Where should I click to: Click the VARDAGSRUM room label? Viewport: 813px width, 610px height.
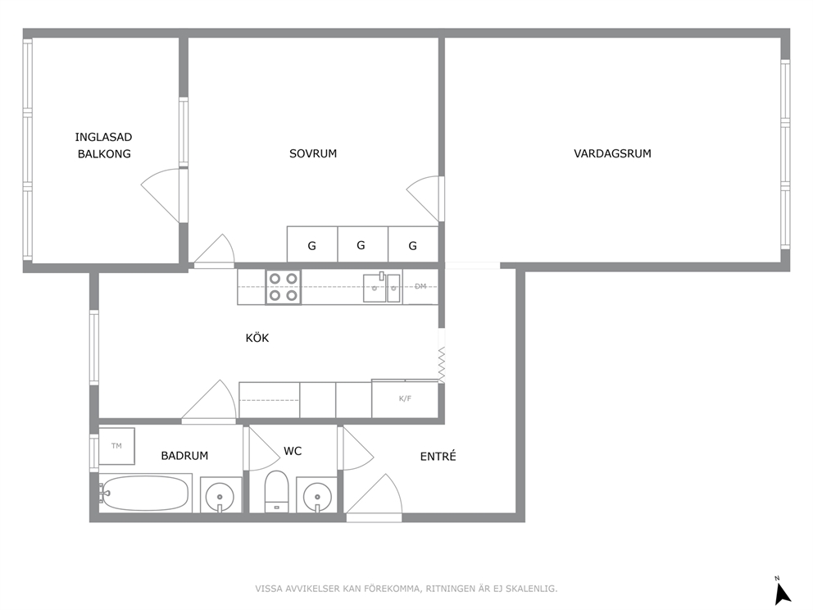612,153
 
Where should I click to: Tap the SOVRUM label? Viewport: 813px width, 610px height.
313,153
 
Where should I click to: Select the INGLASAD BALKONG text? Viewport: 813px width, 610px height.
104,145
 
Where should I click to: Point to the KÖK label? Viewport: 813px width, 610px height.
257,338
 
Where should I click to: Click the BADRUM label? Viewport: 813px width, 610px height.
184,456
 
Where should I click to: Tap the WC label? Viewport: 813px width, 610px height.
293,451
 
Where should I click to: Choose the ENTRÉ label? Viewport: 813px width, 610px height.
438,457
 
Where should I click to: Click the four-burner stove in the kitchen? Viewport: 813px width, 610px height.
283,287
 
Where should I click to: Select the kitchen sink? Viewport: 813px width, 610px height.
382,287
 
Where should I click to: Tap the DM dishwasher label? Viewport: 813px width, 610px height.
420,286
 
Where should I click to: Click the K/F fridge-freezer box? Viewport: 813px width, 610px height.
405,398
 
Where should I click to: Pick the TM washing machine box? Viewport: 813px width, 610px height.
116,446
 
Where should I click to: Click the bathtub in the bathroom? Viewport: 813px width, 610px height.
145,493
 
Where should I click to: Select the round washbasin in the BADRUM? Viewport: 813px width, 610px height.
220,496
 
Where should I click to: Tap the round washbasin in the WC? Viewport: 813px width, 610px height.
317,496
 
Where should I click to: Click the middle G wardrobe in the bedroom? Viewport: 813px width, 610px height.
362,244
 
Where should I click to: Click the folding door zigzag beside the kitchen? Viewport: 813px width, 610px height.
442,365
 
